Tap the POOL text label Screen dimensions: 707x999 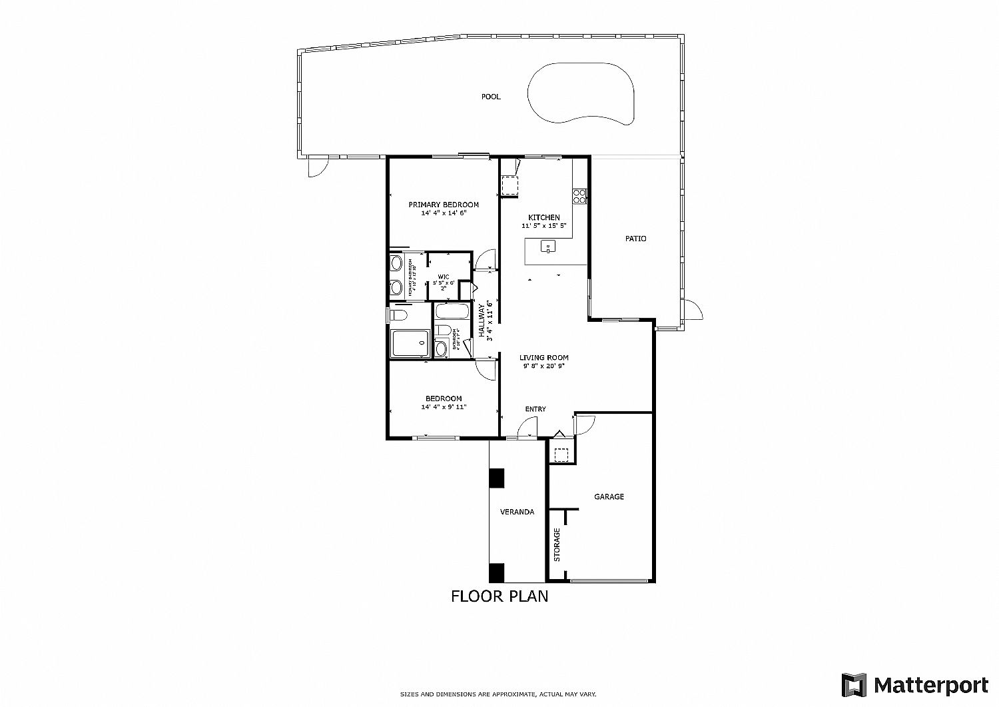[491, 97]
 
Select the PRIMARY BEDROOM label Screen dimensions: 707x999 [444, 205]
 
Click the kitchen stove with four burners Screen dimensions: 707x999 [579, 196]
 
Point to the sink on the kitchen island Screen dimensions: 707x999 [547, 248]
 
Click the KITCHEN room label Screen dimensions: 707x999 [544, 217]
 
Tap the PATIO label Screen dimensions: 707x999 [635, 239]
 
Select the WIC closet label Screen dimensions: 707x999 [443, 277]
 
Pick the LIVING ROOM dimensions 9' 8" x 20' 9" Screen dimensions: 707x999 [544, 366]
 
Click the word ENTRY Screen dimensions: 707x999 [535, 409]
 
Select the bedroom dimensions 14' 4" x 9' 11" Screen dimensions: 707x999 [444, 407]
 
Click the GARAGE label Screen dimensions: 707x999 [609, 496]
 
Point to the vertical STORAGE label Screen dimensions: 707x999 [557, 544]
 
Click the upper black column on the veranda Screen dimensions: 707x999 [496, 478]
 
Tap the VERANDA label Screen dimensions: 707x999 [517, 512]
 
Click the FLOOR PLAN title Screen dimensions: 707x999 [499, 596]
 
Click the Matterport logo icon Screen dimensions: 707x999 [854, 685]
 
